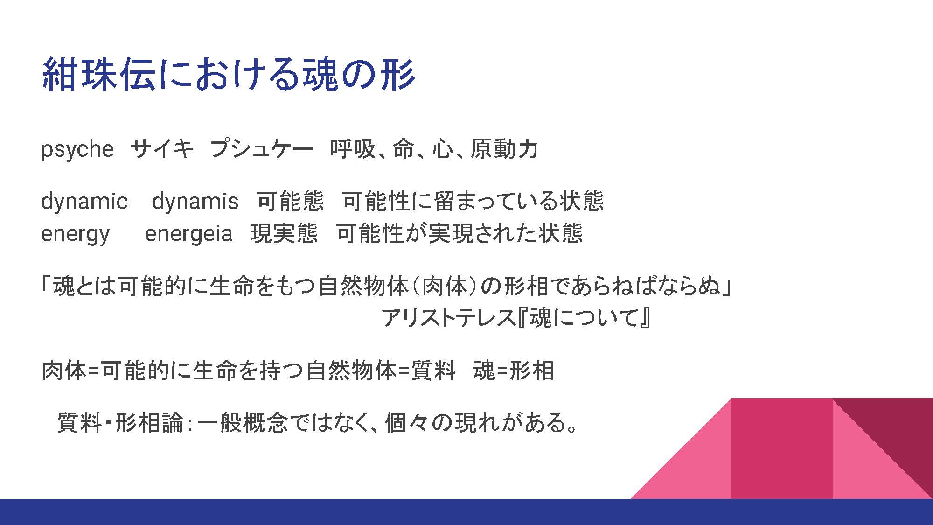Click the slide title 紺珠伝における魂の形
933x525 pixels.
(228, 74)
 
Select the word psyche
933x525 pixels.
(77, 150)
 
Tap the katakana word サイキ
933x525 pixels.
(162, 149)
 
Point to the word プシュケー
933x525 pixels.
(262, 149)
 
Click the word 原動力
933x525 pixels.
(504, 149)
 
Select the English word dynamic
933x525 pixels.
(84, 202)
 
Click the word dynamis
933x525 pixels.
(195, 202)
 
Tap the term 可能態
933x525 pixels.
(290, 201)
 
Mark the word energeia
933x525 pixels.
(188, 233)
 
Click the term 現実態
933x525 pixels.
(284, 233)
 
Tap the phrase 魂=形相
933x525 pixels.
(514, 371)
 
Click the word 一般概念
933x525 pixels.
(242, 423)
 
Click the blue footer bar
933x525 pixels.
(466, 512)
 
